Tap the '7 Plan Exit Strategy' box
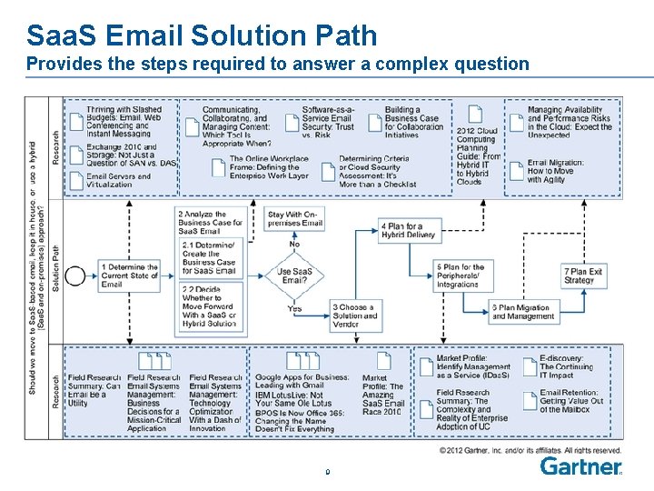point(583,276)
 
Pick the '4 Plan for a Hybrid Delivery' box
point(408,231)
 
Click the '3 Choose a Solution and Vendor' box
point(354,316)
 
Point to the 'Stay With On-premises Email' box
point(295,219)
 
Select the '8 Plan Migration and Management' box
point(523,312)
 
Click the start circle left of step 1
point(76,275)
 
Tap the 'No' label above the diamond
point(294,244)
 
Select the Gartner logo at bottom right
point(581,466)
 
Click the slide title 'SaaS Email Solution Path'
point(202,35)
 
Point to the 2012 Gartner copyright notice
point(530,450)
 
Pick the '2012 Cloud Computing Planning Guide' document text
point(478,155)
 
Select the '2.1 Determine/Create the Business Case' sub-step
point(209,258)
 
